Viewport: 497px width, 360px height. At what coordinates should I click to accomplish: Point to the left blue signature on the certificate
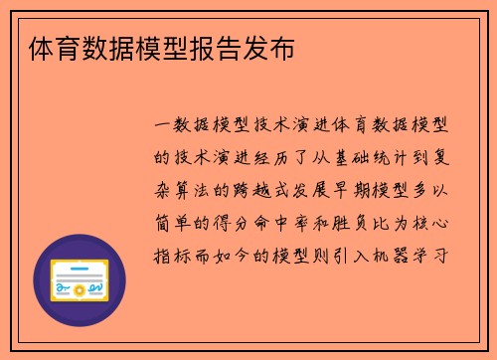coord(63,289)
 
